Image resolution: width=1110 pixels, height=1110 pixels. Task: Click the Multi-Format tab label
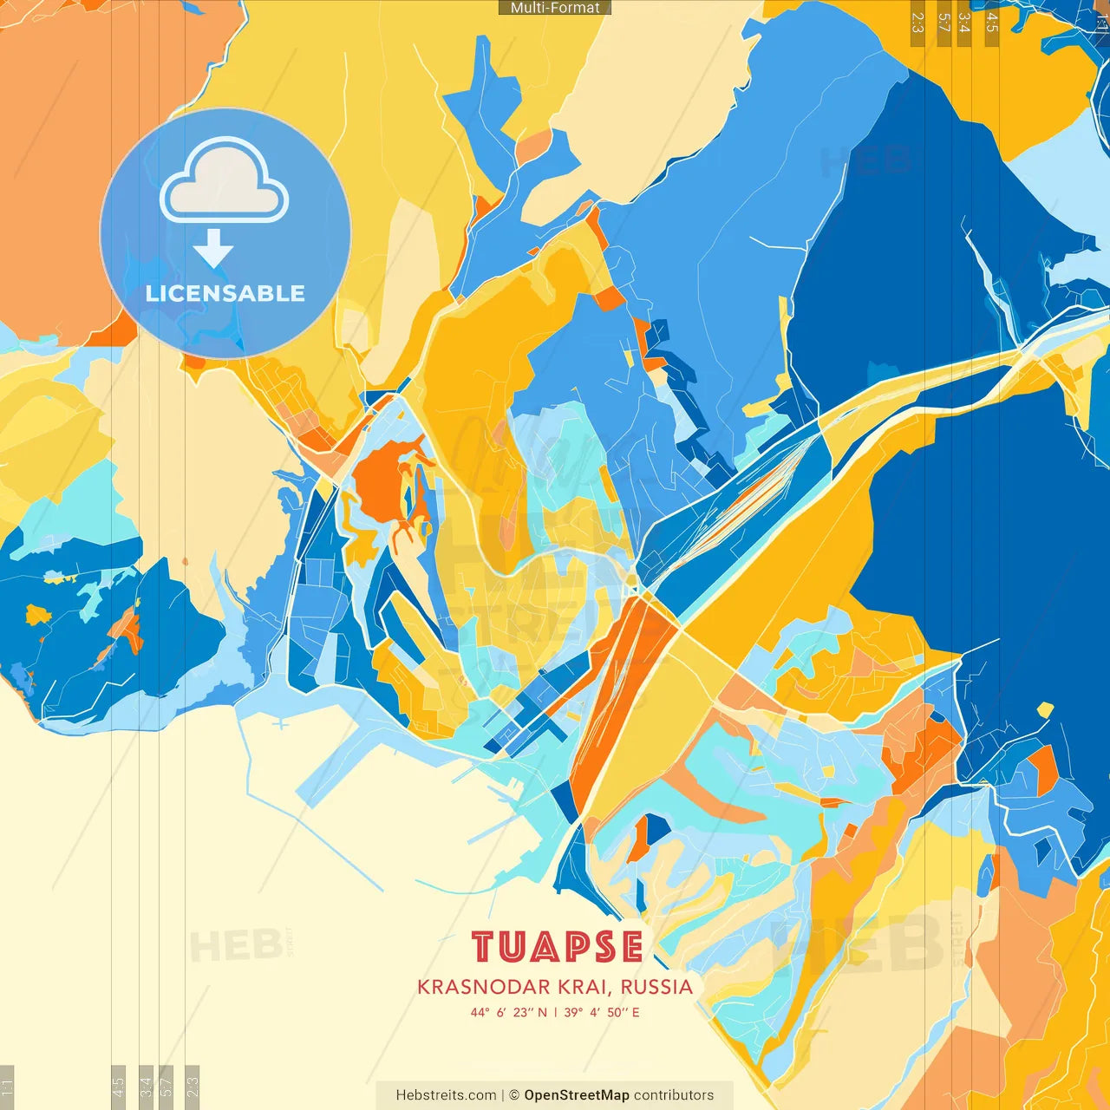[x=555, y=8]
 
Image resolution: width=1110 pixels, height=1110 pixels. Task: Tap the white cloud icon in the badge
[x=225, y=181]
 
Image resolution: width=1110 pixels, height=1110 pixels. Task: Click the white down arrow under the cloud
[x=213, y=249]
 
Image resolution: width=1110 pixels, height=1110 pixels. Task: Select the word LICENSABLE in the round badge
[x=225, y=293]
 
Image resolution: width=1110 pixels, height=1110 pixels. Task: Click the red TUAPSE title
[x=557, y=948]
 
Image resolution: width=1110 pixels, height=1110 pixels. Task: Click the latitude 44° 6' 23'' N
[x=509, y=1012]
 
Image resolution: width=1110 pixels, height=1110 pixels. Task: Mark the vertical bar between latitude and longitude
[x=555, y=1012]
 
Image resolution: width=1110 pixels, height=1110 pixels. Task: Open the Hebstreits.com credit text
[x=447, y=1095]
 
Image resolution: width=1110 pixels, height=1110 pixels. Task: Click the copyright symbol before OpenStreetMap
[x=514, y=1095]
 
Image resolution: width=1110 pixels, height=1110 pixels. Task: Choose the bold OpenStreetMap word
[x=577, y=1095]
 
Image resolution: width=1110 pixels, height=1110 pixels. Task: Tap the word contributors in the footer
[x=674, y=1095]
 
